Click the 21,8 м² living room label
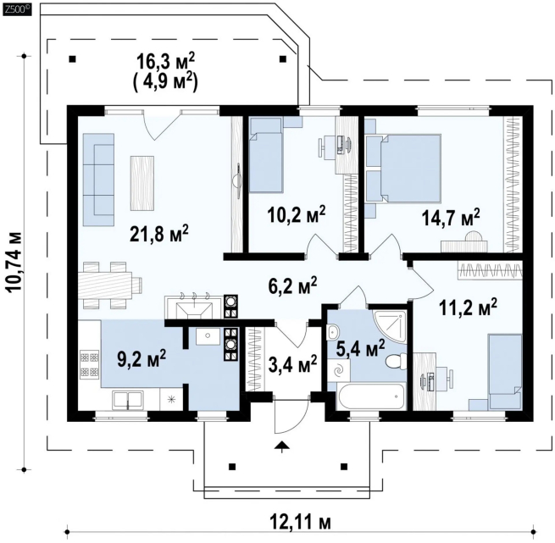159,234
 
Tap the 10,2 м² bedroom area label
297,214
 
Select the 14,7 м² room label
451,217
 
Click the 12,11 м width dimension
301,522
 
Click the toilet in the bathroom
396,362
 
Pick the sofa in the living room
99,180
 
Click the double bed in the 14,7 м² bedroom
410,169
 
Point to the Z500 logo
17,10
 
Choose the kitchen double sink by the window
128,401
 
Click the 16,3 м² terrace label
165,62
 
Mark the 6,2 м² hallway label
292,285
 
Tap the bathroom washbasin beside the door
333,332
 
